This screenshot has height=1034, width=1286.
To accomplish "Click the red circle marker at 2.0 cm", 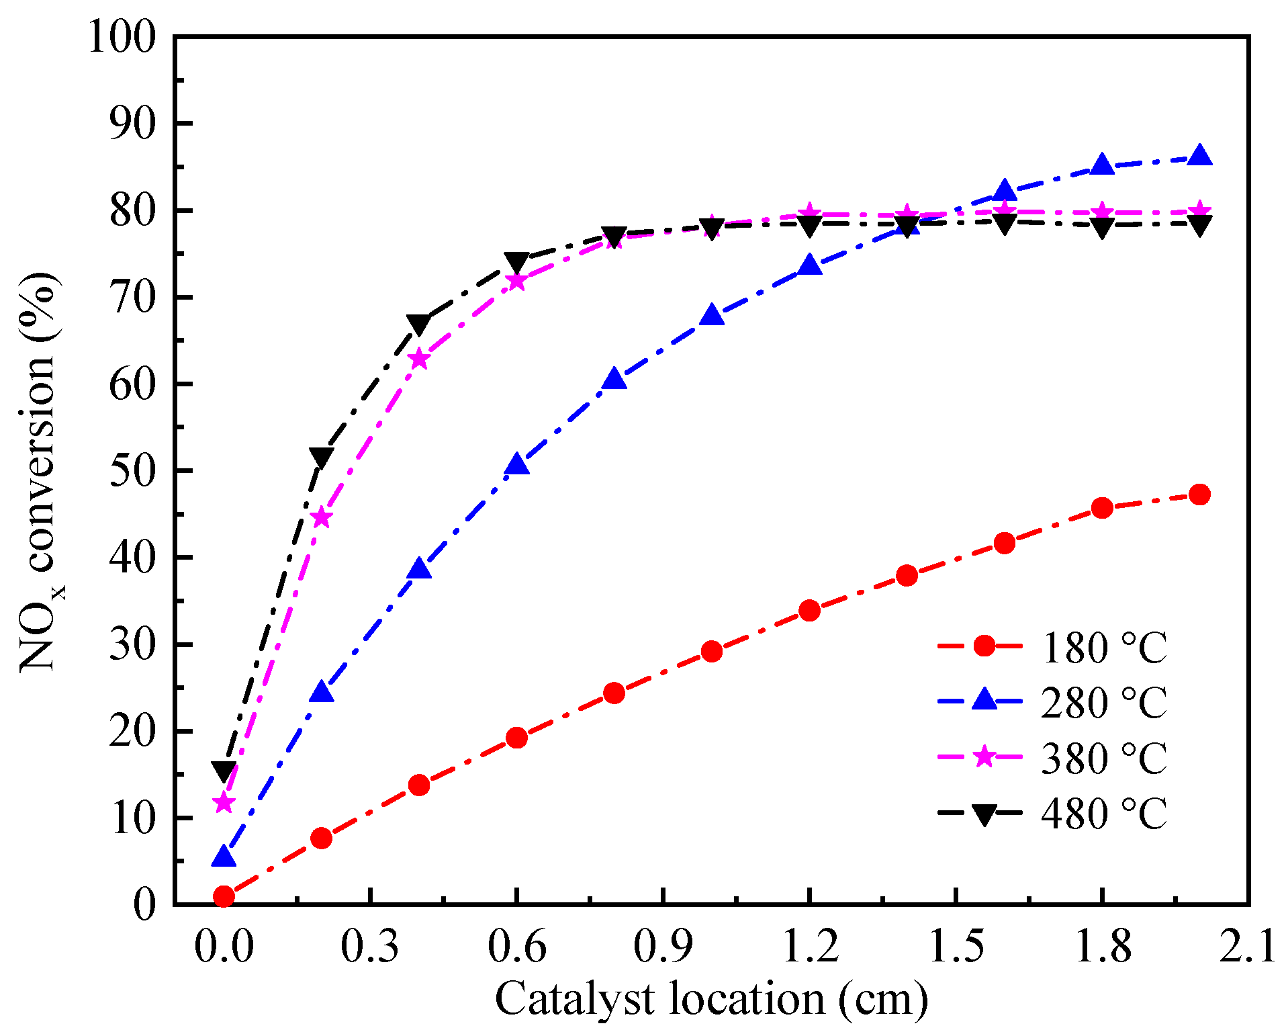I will (1199, 495).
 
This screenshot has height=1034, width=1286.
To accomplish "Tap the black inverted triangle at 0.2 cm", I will (321, 458).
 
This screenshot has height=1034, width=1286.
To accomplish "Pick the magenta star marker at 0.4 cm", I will (419, 359).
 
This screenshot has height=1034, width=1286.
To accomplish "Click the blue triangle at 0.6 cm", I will (516, 464).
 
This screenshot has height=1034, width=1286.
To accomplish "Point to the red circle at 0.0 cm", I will (224, 896).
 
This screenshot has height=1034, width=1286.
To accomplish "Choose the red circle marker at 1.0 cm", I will (712, 651).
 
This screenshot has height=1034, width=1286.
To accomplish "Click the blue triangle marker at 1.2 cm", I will (810, 265).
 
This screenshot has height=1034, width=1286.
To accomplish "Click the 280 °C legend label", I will (1103, 703).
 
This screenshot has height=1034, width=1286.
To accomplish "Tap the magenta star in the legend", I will (984, 757).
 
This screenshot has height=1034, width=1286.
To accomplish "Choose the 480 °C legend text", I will (1103, 814).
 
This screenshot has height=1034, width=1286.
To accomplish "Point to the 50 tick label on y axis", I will (132, 471).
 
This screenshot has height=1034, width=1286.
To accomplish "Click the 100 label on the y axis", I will (122, 37).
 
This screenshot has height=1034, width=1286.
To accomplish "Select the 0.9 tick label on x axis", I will (662, 947).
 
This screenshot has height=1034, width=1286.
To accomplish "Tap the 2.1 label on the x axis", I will (1248, 947).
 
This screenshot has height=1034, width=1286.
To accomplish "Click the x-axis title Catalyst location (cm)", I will (712, 999).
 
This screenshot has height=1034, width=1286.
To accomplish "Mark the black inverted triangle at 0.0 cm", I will (224, 771).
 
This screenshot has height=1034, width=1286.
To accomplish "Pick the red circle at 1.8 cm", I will (1102, 508).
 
